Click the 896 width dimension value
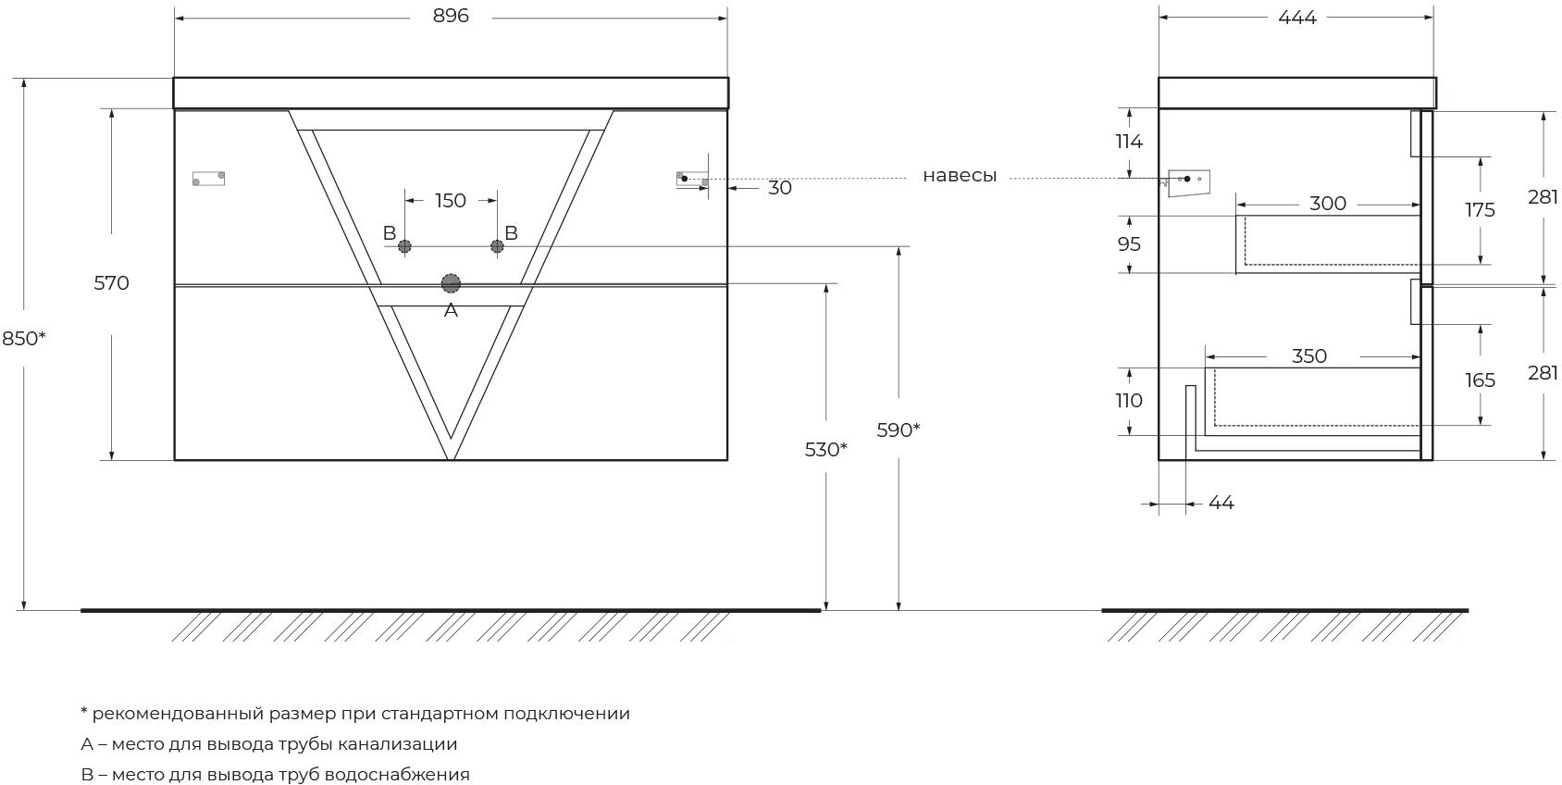point(451,17)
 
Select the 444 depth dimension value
point(1296,17)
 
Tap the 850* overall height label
point(24,339)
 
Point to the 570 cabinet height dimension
point(112,283)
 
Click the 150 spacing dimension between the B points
point(451,201)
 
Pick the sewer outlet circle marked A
point(451,283)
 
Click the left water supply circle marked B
point(404,246)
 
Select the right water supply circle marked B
point(497,246)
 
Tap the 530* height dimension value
point(826,449)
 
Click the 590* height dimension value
point(899,430)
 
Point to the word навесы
point(960,176)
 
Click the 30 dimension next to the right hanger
point(780,188)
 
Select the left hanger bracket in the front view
point(208,179)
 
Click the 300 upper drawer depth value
point(1328,204)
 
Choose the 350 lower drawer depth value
point(1308,356)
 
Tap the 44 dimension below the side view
point(1221,503)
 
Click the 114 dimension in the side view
point(1129,142)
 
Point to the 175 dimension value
point(1481,210)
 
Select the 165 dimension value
point(1481,380)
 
